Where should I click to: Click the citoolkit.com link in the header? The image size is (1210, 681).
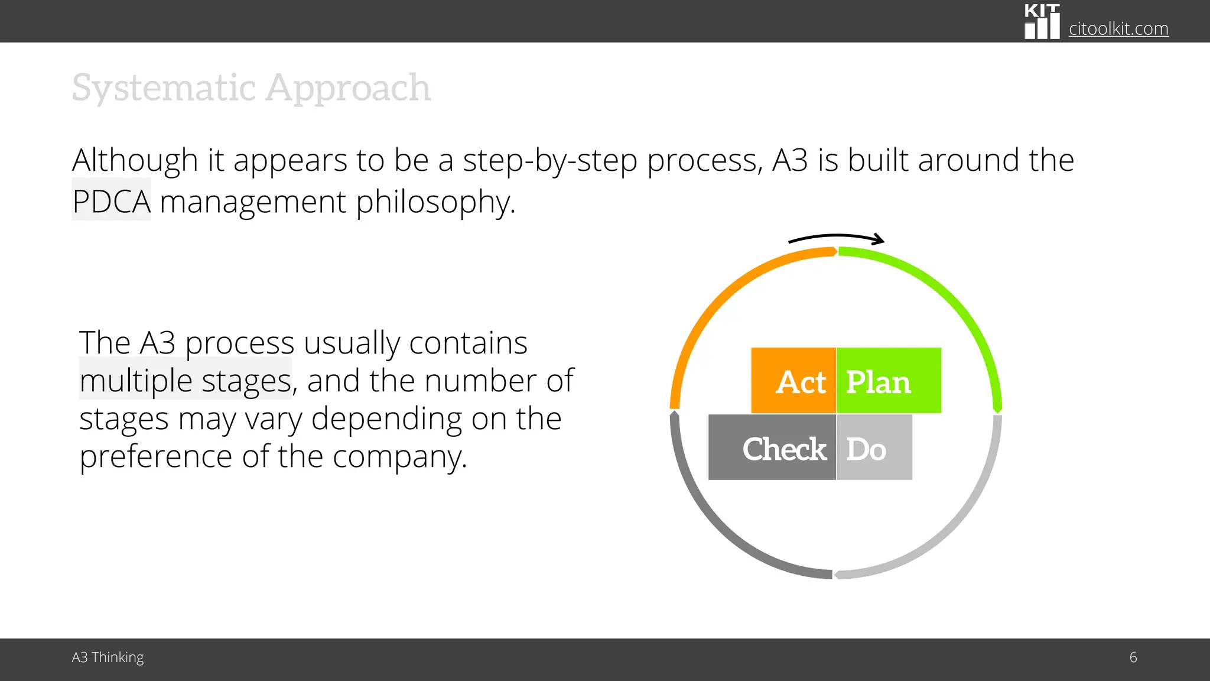click(1118, 28)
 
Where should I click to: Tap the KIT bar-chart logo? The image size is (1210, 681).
click(1042, 22)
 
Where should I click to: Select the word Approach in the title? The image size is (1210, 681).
click(348, 89)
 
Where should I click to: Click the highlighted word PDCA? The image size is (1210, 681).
click(112, 201)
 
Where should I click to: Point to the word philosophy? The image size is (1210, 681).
click(435, 202)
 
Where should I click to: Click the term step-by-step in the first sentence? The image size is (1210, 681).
click(549, 161)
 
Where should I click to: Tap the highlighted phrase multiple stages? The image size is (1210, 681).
click(186, 380)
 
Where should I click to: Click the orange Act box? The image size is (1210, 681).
click(793, 381)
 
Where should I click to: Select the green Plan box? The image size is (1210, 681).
click(889, 381)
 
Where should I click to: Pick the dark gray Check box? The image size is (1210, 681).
click(772, 447)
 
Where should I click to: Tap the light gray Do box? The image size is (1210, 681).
click(874, 447)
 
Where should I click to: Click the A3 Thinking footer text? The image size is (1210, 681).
click(108, 657)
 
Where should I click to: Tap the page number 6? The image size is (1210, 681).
click(1133, 657)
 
